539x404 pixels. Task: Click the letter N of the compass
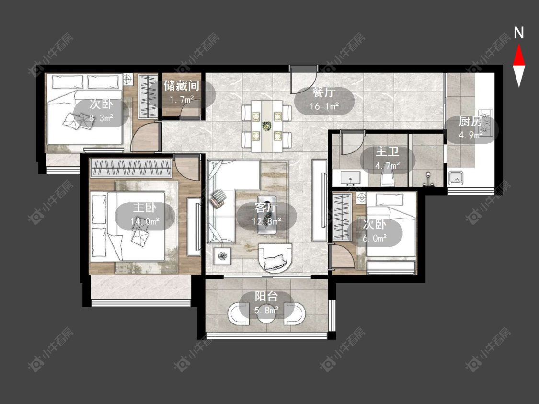(x=519, y=33)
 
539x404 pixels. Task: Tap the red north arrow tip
(x=519, y=45)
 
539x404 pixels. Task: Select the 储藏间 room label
(x=181, y=85)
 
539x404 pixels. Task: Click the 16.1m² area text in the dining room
(x=324, y=106)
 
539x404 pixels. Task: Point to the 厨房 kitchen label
(x=470, y=121)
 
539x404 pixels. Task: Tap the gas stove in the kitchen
(x=487, y=123)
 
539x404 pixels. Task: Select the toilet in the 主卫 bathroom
(x=389, y=178)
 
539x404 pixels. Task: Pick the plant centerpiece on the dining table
(x=266, y=126)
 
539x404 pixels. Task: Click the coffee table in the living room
(x=267, y=215)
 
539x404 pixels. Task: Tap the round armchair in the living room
(x=275, y=257)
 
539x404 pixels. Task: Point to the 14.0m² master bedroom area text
(x=145, y=221)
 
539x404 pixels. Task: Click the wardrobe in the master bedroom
(x=131, y=167)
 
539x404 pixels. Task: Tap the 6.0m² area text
(x=374, y=238)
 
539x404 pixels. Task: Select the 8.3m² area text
(x=102, y=118)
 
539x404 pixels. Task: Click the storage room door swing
(x=190, y=110)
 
